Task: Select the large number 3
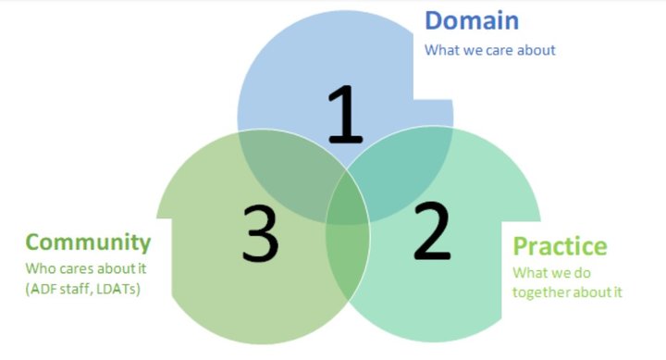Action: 261,231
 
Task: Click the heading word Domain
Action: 472,20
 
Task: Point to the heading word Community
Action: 88,242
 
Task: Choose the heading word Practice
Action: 560,246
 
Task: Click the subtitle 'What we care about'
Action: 489,50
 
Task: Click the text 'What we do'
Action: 551,273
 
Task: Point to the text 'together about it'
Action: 567,292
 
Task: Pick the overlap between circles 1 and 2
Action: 402,167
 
